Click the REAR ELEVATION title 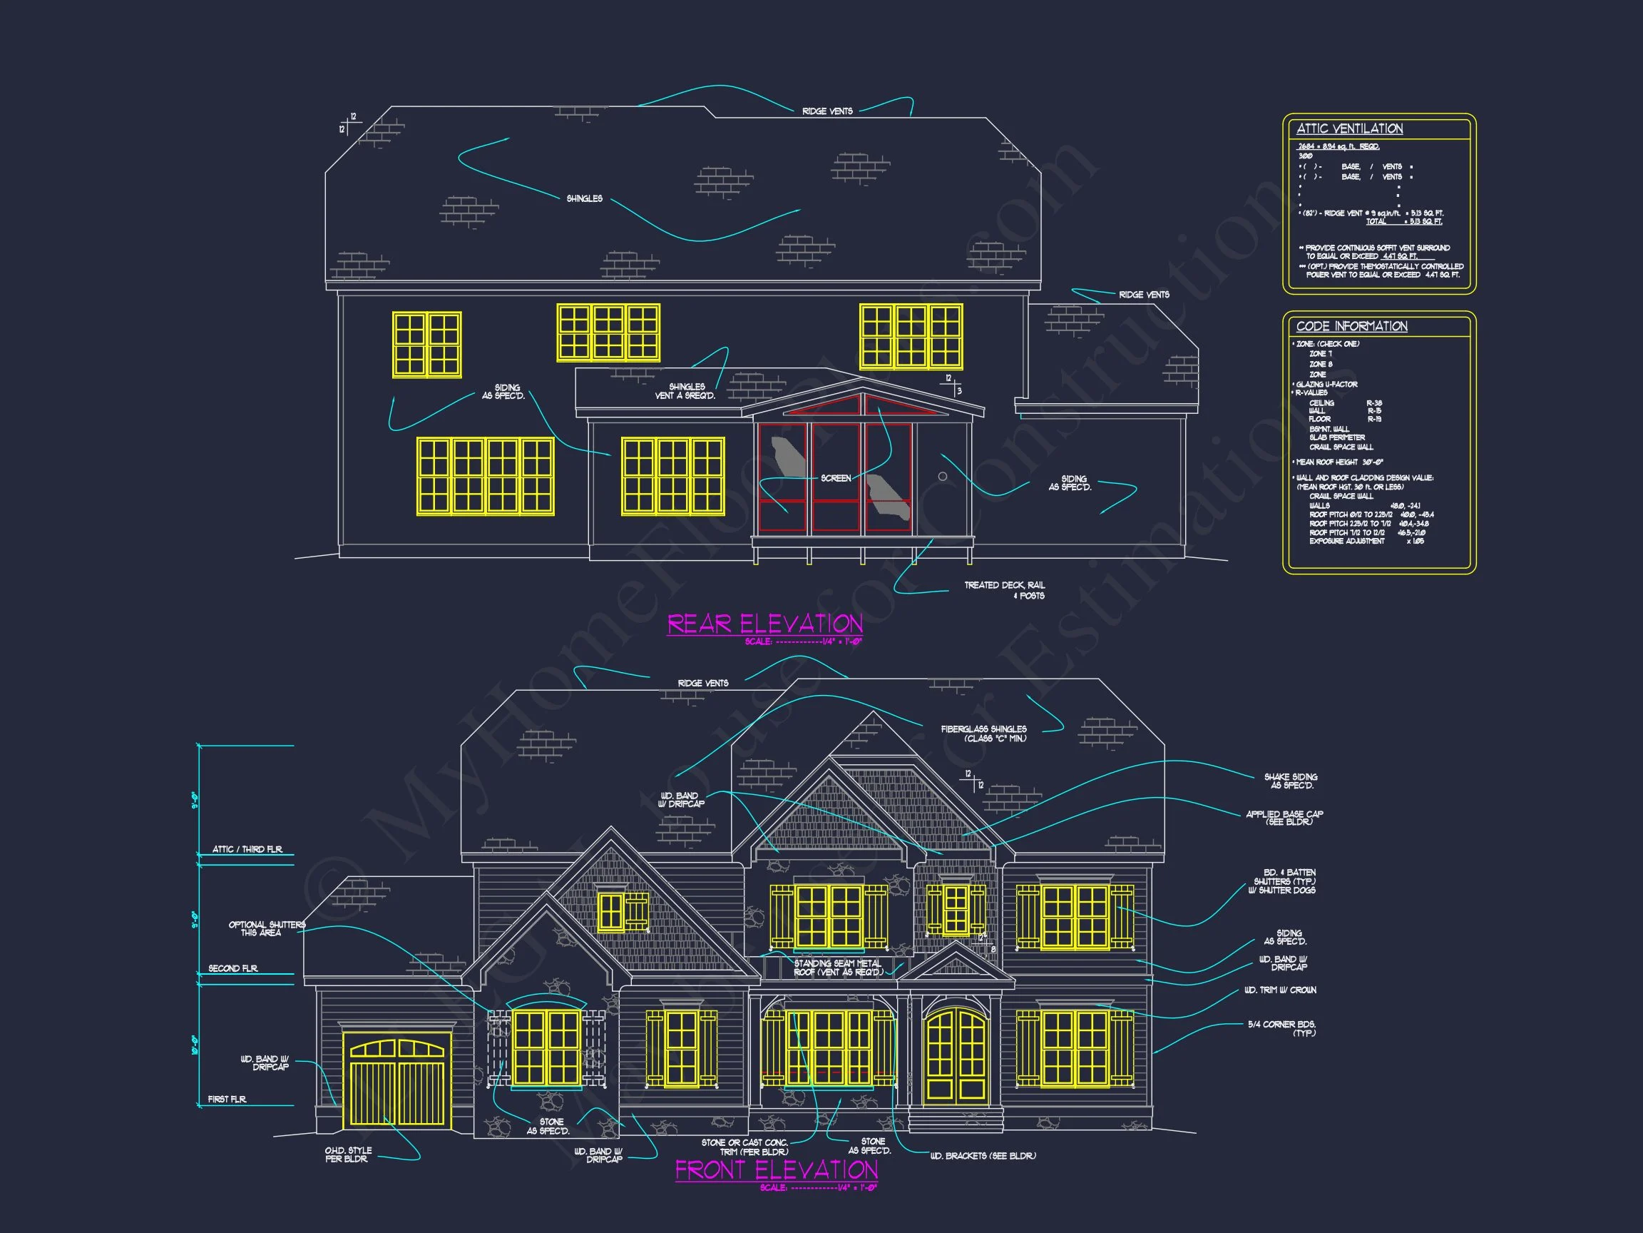(x=765, y=624)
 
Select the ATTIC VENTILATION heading (x=1350, y=128)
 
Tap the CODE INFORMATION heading (x=1352, y=326)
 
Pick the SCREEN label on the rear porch (x=836, y=478)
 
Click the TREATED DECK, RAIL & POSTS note (x=1004, y=590)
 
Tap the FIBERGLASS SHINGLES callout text (x=983, y=734)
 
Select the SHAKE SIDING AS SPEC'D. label (x=1291, y=781)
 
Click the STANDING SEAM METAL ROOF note (x=838, y=968)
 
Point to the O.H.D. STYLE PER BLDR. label (x=347, y=1155)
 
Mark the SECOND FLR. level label (x=233, y=968)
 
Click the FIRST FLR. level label (x=227, y=1100)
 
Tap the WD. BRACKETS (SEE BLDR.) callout (x=983, y=1156)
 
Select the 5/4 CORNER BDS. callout (x=1282, y=1028)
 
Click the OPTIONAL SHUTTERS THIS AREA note (x=266, y=928)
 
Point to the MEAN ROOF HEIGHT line (x=1339, y=462)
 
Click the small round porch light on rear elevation (x=943, y=477)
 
